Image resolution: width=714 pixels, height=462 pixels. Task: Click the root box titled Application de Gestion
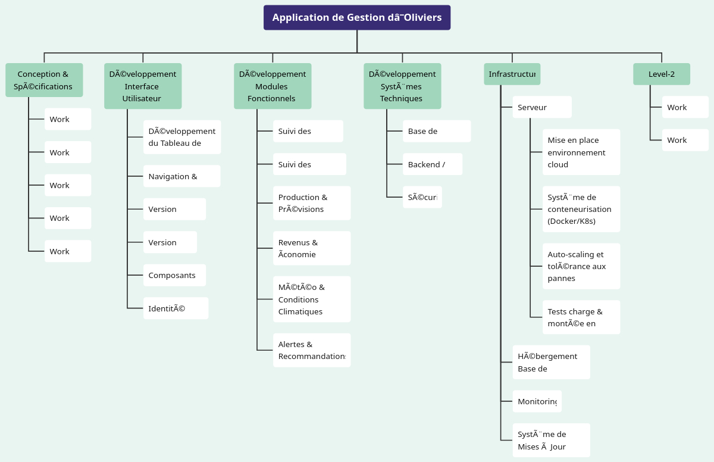(357, 17)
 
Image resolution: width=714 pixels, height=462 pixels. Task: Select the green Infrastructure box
(512, 74)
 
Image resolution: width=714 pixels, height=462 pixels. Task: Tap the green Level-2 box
(661, 74)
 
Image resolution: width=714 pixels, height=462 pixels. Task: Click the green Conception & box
(44, 80)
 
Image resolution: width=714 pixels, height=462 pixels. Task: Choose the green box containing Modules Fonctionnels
(273, 86)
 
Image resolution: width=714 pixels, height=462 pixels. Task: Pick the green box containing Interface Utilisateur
(143, 86)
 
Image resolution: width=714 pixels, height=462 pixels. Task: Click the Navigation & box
(181, 176)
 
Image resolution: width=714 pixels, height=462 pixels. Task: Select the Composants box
(174, 275)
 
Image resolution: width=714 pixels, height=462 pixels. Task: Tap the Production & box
(311, 203)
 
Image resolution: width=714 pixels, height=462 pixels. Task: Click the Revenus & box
(311, 248)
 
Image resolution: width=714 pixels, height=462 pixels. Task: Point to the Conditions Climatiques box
(311, 299)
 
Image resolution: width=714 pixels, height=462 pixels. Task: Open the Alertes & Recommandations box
(311, 350)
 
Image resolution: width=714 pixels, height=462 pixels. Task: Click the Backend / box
(432, 164)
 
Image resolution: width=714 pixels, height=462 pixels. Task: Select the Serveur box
(541, 107)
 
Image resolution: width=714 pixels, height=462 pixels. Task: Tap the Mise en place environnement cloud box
(581, 152)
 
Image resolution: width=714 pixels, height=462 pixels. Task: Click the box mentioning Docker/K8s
(581, 209)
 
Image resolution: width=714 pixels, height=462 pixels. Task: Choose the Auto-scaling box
(581, 266)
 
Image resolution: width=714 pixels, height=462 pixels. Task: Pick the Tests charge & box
(581, 317)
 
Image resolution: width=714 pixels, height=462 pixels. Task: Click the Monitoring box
(537, 401)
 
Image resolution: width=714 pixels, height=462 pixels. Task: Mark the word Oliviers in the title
(422, 17)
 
